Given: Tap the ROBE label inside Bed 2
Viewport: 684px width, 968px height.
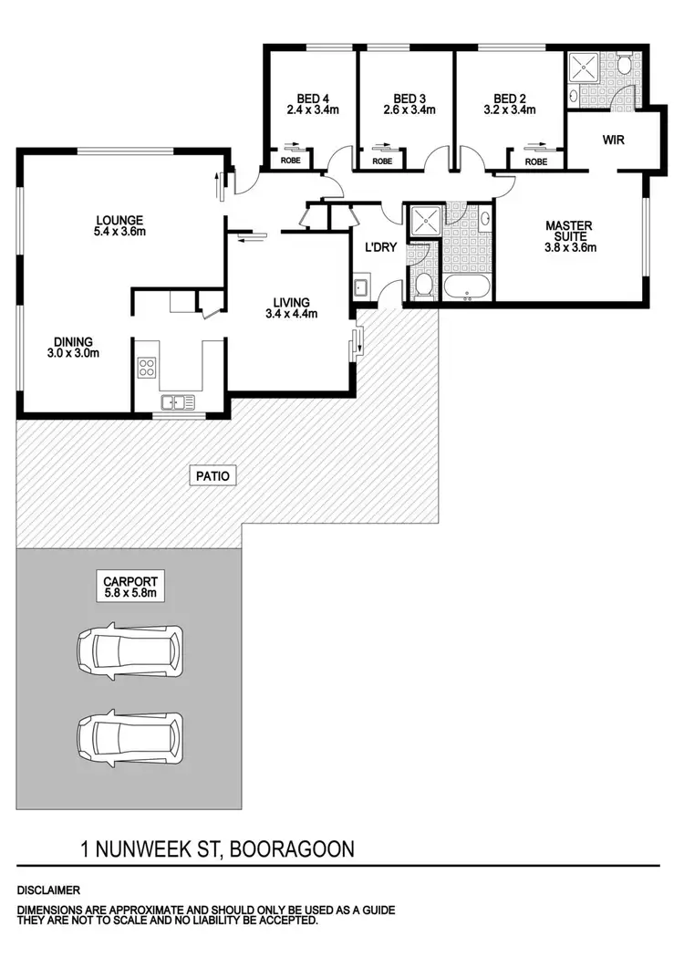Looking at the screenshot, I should point(536,161).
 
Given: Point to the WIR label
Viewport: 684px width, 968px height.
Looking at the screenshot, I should point(612,141).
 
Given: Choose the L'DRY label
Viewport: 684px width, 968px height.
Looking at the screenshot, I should point(378,248).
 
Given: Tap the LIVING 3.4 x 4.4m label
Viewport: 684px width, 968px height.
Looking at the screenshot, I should point(290,308).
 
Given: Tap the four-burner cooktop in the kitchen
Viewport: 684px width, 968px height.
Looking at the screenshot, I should point(146,367).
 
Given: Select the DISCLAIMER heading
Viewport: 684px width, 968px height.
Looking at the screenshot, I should point(47,889).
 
